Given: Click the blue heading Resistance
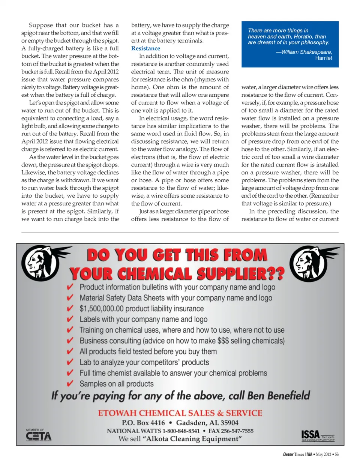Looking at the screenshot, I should (x=145, y=48).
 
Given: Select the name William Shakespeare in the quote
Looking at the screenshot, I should (x=306, y=52).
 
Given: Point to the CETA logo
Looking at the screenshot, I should (x=38, y=435).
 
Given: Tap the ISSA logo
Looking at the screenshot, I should (x=310, y=435).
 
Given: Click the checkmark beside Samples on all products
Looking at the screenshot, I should (x=70, y=383).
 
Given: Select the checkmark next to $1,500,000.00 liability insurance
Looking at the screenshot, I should (x=70, y=308).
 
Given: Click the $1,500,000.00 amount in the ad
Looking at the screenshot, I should (x=101, y=309).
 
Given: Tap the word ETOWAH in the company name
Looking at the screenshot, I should (x=117, y=413).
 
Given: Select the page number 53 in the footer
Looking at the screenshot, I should (x=337, y=454).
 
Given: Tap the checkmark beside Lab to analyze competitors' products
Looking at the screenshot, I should (x=70, y=362).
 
